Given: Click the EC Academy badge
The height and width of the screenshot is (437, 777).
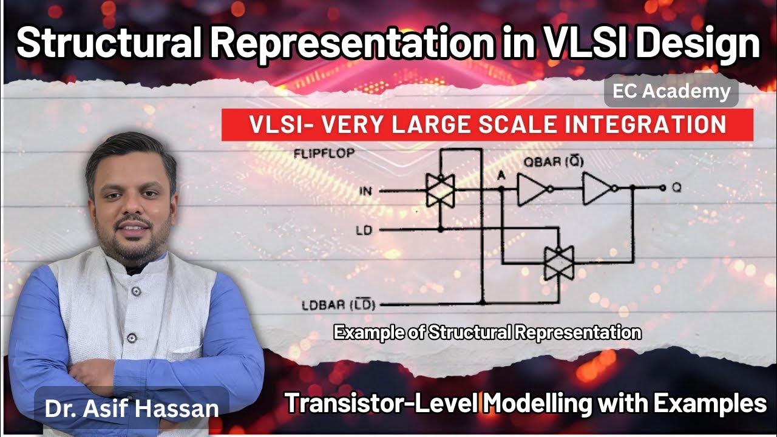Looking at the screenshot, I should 671,92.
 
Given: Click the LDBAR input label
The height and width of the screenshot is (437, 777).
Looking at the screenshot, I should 338,304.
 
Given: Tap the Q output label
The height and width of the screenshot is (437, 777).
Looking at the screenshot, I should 676,189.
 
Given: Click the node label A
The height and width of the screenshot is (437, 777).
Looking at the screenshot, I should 502,176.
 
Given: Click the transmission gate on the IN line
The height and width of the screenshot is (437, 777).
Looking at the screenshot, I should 440,190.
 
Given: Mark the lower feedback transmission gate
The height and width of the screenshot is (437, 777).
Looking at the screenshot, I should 559,263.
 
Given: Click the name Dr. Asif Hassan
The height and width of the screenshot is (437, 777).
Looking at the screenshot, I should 131,407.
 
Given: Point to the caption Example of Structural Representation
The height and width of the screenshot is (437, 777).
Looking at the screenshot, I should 487,333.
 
